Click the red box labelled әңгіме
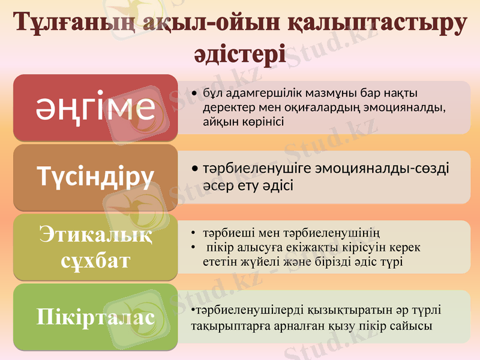(96, 107)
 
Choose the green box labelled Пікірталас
(96, 316)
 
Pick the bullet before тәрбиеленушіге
(195, 169)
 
